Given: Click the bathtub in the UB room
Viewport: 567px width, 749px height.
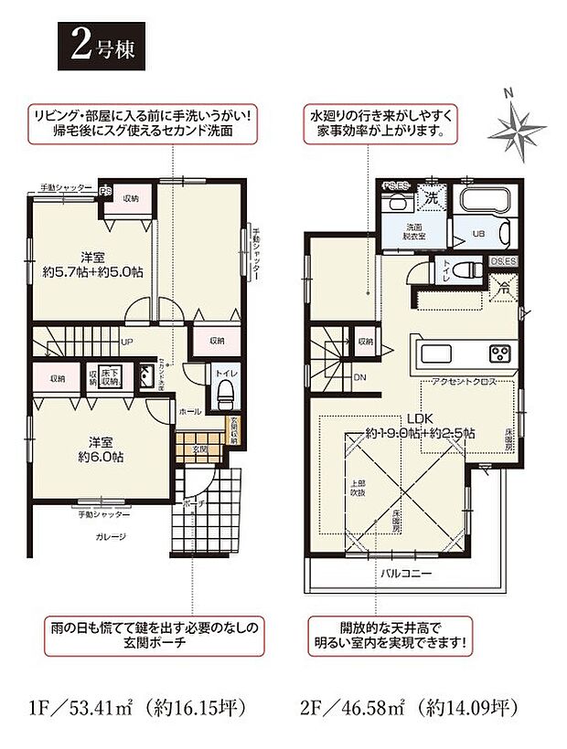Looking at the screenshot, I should pos(482,203).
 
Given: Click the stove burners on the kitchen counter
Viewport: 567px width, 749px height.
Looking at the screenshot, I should pos(500,353).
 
